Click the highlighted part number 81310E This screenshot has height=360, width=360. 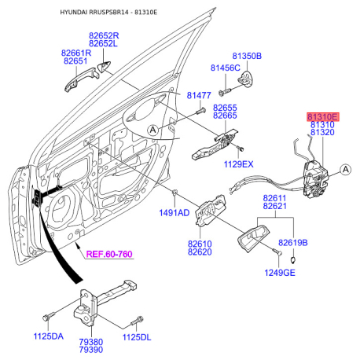pos(323,116)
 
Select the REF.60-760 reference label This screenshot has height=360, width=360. pos(109,254)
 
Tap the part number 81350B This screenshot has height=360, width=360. pos(247,56)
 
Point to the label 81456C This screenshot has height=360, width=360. pos(226,68)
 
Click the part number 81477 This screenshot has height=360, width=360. pos(199,95)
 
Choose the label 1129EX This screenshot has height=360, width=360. pos(238,164)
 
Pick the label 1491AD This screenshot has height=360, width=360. pos(174,212)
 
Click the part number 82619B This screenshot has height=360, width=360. pos(293,243)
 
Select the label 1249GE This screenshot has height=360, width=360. pos(280,273)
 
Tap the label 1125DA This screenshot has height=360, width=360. pos(49,336)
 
